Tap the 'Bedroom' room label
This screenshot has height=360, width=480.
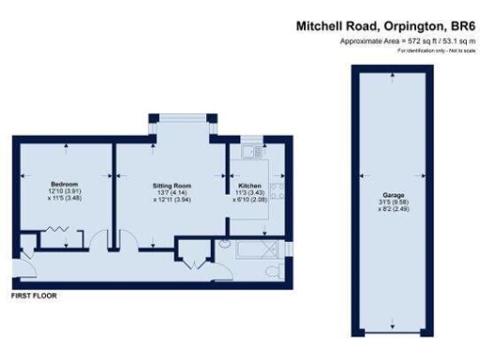tap(64, 184)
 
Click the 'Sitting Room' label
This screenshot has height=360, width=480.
tap(172, 186)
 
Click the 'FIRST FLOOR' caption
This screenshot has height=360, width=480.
tap(33, 295)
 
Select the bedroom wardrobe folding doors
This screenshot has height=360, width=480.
tap(59, 231)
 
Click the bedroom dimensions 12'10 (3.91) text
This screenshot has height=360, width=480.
tap(64, 191)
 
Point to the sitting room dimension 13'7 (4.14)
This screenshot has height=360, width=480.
tap(172, 192)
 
